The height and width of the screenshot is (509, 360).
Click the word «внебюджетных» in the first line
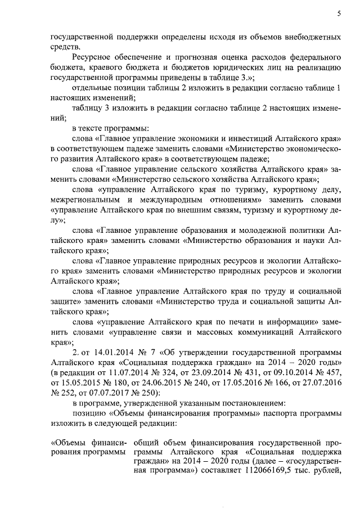(x=313, y=37)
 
